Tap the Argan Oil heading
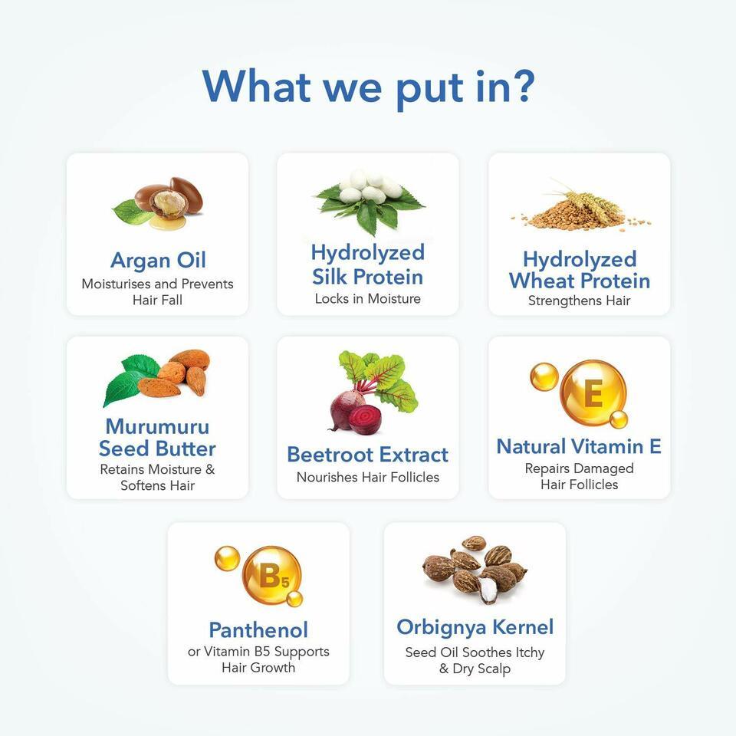(x=158, y=261)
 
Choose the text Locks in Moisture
(x=367, y=298)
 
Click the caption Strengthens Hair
(x=580, y=301)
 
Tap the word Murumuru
(x=158, y=427)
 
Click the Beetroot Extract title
(x=367, y=455)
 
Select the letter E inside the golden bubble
(x=593, y=393)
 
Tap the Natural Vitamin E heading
(x=580, y=446)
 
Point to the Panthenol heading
(x=258, y=630)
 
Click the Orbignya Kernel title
(x=475, y=628)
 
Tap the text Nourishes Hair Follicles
(x=368, y=478)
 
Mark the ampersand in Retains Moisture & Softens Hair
(x=210, y=469)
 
